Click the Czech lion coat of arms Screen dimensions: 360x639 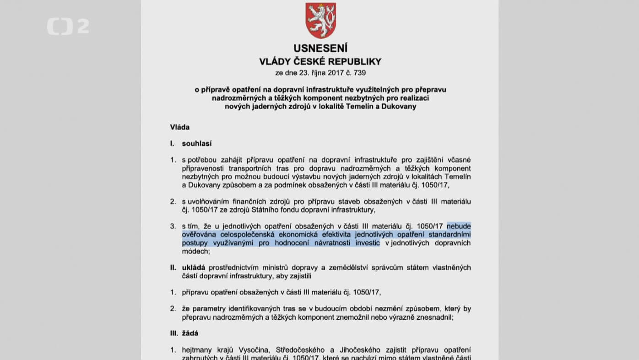[x=320, y=21]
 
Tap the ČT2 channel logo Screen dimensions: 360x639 [x=68, y=27]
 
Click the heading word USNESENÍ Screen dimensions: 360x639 [x=320, y=48]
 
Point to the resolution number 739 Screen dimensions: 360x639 [x=359, y=73]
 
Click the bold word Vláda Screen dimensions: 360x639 [x=179, y=127]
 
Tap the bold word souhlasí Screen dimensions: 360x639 [x=197, y=143]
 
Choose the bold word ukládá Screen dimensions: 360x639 [x=193, y=267]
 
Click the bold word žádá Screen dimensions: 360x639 [x=190, y=333]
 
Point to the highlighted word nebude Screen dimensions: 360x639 [x=459, y=226]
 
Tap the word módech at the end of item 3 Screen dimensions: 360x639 [x=195, y=251]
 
